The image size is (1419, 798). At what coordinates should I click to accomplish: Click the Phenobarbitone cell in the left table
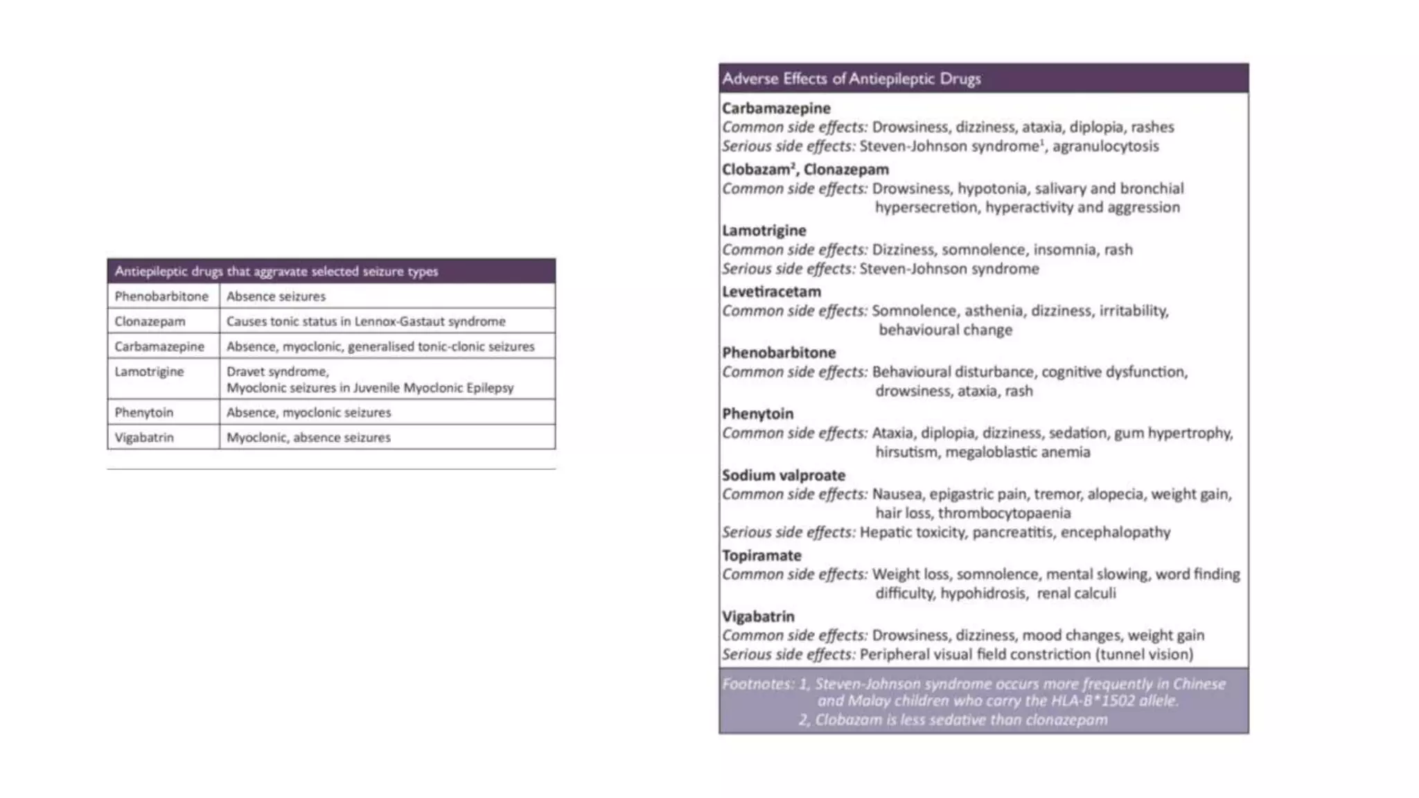pyautogui.click(x=161, y=296)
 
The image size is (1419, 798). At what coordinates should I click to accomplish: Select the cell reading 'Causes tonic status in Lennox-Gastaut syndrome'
pyautogui.click(x=366, y=321)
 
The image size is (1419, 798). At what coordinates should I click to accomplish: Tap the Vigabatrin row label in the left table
pyautogui.click(x=144, y=438)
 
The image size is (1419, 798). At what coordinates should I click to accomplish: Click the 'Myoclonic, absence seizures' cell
pyautogui.click(x=308, y=438)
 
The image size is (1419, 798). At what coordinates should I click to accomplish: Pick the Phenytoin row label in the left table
pyautogui.click(x=144, y=413)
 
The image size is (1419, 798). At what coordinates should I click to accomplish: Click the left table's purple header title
pyautogui.click(x=276, y=272)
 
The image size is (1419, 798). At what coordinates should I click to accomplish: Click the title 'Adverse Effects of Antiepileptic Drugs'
pyautogui.click(x=852, y=79)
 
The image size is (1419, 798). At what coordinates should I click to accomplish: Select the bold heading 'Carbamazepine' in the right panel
pyautogui.click(x=776, y=109)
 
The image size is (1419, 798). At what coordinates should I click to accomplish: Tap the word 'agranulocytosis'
pyautogui.click(x=1106, y=147)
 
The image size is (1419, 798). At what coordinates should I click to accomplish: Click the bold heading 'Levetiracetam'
pyautogui.click(x=771, y=292)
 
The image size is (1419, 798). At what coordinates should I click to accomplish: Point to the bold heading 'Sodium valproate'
pyautogui.click(x=784, y=476)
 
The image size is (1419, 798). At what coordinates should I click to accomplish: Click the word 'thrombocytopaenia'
pyautogui.click(x=1004, y=513)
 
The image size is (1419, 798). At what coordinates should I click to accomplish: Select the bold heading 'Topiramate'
pyautogui.click(x=761, y=556)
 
